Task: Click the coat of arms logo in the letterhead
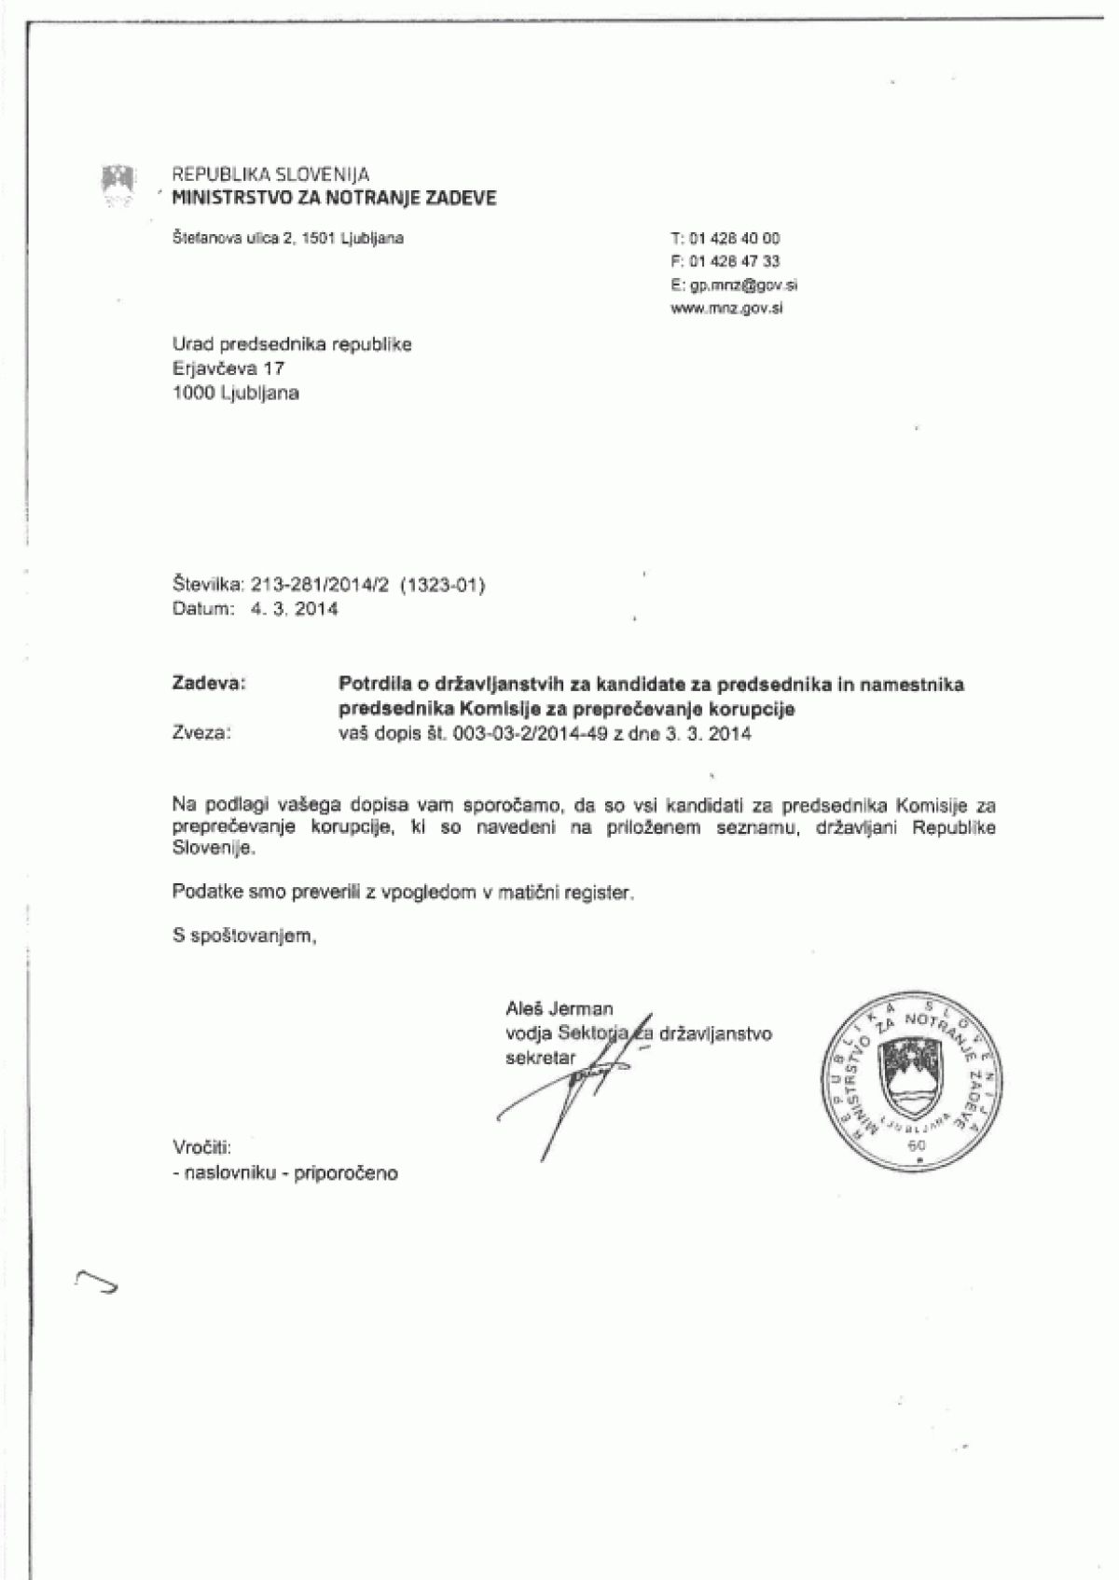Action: [x=118, y=183]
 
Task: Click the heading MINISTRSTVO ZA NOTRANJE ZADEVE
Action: [x=335, y=197]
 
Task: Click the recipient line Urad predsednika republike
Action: [x=292, y=344]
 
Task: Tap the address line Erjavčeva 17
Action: [x=228, y=368]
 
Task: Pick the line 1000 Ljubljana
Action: [x=235, y=393]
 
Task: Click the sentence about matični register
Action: [x=404, y=893]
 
